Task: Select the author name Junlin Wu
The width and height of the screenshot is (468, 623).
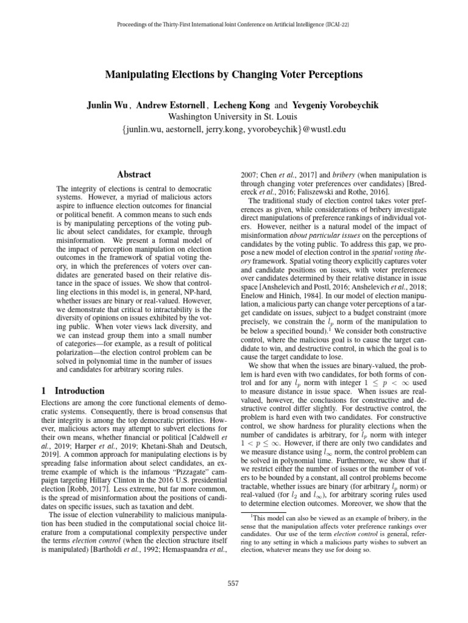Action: tap(108, 105)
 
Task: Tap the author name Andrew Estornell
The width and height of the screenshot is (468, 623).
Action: tap(173, 105)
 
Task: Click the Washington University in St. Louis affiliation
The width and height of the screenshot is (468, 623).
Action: tap(233, 117)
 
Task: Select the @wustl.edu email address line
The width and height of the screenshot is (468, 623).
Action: tap(233, 129)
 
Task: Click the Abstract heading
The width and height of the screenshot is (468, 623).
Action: tap(134, 174)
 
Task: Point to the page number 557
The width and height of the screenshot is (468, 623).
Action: tap(233, 583)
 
